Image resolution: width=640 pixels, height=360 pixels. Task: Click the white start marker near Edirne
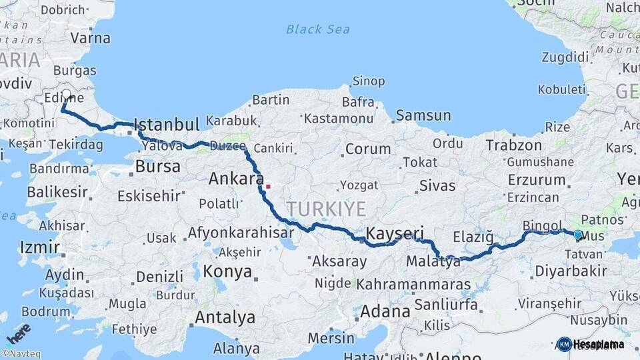(x=67, y=95)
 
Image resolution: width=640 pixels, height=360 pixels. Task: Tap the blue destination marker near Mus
(x=577, y=235)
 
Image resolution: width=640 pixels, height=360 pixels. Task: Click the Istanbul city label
(x=166, y=125)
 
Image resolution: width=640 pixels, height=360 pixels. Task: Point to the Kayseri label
(x=395, y=233)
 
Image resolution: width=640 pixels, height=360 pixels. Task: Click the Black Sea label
(x=318, y=29)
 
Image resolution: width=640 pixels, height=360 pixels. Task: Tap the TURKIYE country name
(x=327, y=209)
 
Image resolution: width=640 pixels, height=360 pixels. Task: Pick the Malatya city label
(x=433, y=261)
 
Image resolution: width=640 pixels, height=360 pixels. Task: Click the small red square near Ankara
(x=268, y=187)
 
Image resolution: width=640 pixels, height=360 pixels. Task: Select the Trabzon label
(x=513, y=145)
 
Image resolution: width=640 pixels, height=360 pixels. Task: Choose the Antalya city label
(x=225, y=317)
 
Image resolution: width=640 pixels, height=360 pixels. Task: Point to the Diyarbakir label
(x=570, y=271)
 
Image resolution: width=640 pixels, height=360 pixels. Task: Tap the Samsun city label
(x=423, y=115)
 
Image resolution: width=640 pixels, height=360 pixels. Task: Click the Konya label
(x=228, y=272)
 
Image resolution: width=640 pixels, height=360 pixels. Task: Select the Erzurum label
(x=536, y=180)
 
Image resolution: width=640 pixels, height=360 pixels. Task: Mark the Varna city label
(x=90, y=37)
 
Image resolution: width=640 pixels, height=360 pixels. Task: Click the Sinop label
(x=368, y=81)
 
